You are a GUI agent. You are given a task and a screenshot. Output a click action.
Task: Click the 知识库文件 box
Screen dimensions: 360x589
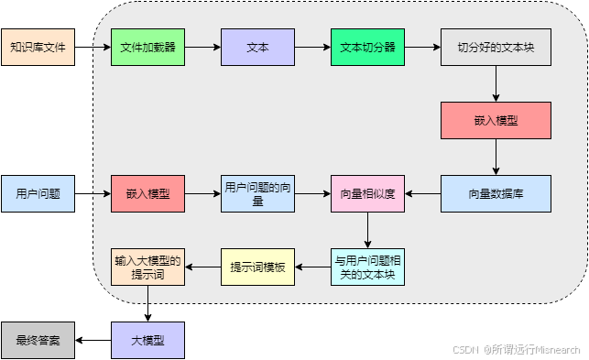point(38,47)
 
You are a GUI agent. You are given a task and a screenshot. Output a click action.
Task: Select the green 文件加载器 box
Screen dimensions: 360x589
point(147,47)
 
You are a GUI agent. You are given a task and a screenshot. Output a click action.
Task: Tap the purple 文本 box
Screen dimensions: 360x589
point(257,47)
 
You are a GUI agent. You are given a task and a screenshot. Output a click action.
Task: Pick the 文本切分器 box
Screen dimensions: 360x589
point(367,47)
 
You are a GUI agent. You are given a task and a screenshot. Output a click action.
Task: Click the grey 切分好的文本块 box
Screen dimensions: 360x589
point(496,47)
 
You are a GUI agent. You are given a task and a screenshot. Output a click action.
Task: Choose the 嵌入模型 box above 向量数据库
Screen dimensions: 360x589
point(496,120)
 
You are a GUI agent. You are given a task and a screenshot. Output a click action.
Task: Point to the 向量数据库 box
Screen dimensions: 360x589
point(496,193)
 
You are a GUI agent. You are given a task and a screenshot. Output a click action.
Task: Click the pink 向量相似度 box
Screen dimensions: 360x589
point(367,193)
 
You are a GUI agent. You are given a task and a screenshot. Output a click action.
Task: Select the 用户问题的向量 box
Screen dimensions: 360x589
point(257,193)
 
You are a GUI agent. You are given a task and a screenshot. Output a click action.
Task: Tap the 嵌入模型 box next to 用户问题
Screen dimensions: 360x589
point(147,193)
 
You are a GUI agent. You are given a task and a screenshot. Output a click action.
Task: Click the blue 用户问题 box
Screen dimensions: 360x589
point(38,193)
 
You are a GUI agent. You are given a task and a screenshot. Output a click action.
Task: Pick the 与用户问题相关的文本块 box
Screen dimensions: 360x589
point(367,267)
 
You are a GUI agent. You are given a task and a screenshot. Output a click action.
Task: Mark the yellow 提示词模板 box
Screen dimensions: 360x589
point(257,267)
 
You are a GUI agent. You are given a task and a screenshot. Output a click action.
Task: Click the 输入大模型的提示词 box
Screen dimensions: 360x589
point(147,267)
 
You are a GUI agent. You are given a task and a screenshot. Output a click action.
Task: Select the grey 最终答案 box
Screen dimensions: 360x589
point(38,340)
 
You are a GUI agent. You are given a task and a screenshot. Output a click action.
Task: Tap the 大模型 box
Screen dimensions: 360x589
point(147,340)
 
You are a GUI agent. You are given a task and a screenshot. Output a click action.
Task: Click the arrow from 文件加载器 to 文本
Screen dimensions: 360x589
point(202,47)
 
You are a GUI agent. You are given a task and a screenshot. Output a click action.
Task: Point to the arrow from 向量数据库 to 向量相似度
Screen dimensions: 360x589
point(422,193)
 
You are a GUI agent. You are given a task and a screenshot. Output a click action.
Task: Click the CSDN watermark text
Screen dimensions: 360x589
point(516,349)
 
